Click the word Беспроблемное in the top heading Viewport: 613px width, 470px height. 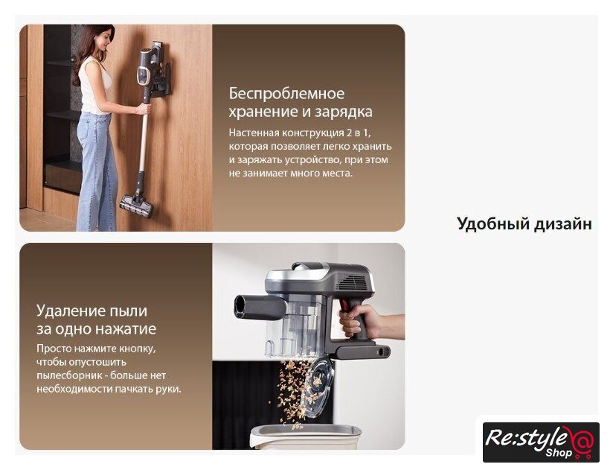click(x=286, y=94)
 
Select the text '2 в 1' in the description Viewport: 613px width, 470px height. click(x=357, y=133)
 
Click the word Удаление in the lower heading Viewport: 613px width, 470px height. click(x=71, y=311)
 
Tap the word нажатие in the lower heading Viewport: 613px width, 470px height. click(x=126, y=328)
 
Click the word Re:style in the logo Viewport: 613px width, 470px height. click(x=526, y=438)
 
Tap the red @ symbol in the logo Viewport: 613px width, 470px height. click(x=582, y=440)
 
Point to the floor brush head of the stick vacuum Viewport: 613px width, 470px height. click(x=136, y=206)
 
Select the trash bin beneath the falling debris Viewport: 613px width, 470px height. click(x=305, y=437)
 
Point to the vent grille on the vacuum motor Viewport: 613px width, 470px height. click(x=355, y=282)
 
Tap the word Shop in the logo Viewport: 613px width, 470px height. click(x=559, y=453)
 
